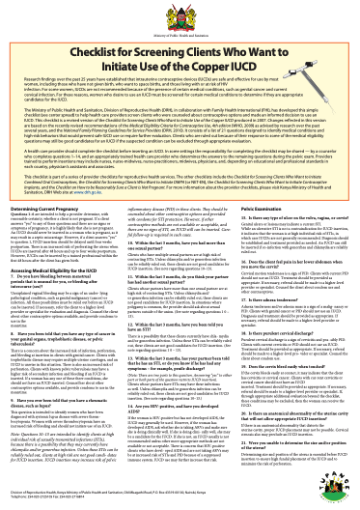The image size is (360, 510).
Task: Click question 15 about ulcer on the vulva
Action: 290,245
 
